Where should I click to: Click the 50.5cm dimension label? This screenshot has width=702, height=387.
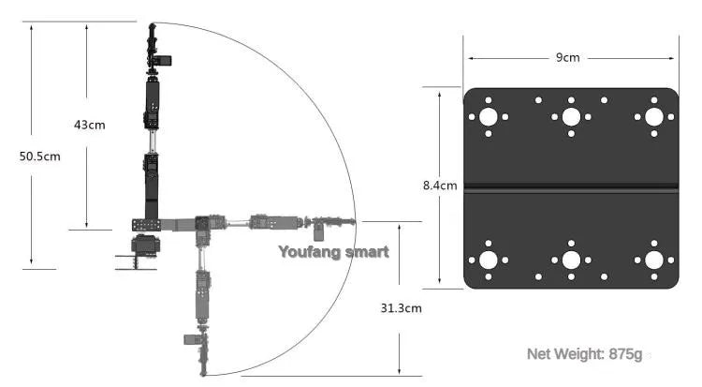[39, 156]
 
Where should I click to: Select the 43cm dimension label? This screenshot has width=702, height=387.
[90, 125]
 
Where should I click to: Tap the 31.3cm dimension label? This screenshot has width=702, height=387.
[401, 307]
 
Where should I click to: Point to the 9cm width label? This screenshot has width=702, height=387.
[567, 57]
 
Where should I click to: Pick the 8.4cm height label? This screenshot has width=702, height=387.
[440, 186]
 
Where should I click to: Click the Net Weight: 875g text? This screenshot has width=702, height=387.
[584, 353]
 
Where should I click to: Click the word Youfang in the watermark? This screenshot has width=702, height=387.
[309, 251]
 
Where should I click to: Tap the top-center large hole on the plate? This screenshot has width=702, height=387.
[571, 117]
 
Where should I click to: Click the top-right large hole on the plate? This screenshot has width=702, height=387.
[652, 117]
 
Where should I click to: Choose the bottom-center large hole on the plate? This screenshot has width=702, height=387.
[571, 260]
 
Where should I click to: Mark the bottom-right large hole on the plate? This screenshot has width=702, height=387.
[652, 260]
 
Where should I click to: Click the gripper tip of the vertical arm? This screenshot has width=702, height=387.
[152, 32]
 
